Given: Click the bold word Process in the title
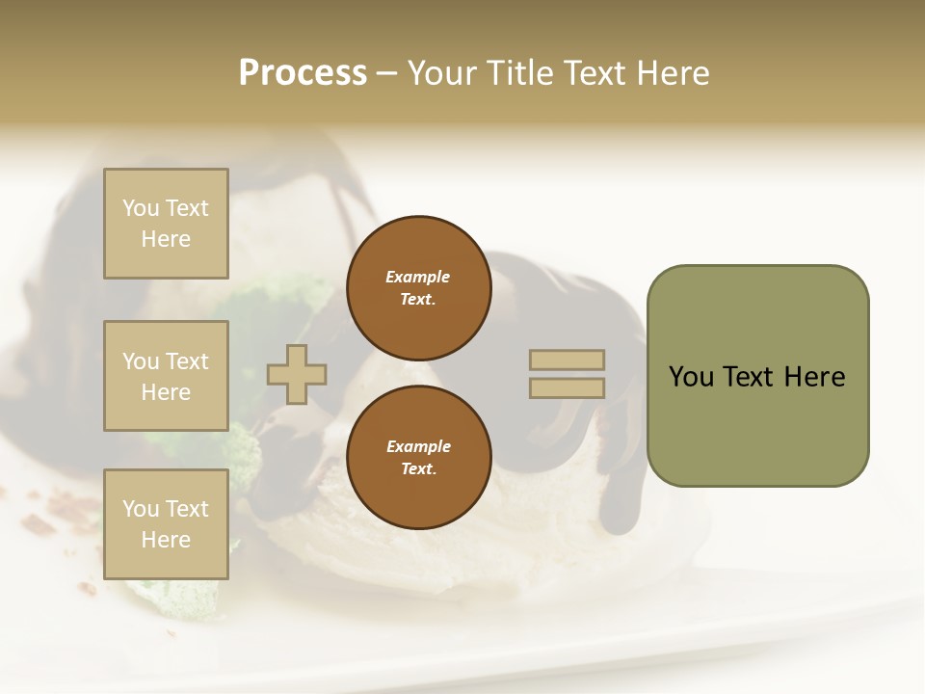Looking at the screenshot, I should coord(303,73).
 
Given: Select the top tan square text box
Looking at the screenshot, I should coord(166,224).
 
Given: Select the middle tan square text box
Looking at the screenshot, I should coord(166,376).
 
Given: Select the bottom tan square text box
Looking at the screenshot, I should coord(166,524).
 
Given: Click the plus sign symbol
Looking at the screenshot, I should coord(297,374).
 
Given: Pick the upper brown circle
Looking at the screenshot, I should coord(418,287).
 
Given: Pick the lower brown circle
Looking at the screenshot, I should coord(418,457).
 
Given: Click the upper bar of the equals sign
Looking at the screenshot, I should coord(567,360).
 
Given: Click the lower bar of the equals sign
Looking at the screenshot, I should coord(567,387).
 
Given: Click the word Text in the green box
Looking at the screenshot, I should coord(750,377).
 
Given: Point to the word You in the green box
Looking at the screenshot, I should coord(691,377).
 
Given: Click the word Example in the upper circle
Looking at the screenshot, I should coord(418,277).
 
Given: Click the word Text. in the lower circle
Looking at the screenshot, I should coord(418,468).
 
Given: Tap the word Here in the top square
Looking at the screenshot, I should coord(166,239).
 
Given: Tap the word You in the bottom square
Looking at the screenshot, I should coord(141,509).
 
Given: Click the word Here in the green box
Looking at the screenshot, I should coord(814,377).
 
